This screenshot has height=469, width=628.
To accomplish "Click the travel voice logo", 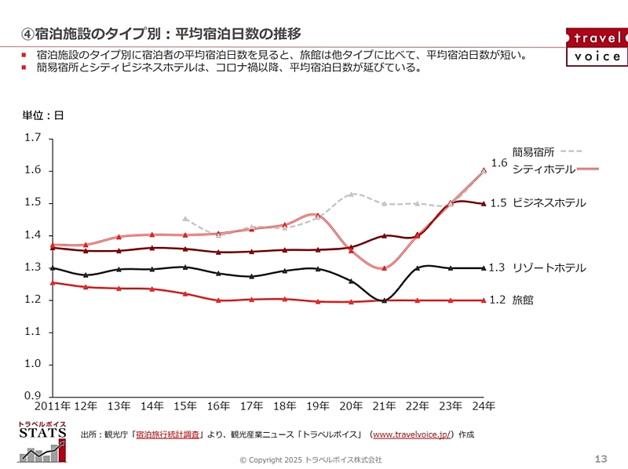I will pos(596,46).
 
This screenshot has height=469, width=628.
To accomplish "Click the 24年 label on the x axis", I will pos(484,406).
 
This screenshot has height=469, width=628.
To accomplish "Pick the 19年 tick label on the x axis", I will pos(318,406).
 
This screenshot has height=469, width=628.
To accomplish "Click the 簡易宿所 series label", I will pos(533,152).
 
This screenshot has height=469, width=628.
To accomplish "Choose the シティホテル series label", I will pos(544,169).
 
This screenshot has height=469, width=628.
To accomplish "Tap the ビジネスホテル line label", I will pos(549,203).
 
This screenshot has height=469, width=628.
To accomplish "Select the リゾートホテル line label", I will pos(549,268).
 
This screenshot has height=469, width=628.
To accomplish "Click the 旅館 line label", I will pos(523,300).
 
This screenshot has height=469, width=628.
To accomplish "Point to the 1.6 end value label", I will pos(499,163).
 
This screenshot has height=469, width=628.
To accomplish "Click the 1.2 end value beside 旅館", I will pos(498,300).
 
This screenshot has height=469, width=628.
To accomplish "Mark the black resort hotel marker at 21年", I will pos(385,300).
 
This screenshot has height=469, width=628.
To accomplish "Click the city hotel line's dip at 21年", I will pos(385,268).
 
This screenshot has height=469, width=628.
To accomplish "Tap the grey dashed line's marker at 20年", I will pos(352,194).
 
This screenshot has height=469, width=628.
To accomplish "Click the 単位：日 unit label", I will pos(42,115).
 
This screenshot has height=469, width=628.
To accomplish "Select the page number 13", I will pos(602,458).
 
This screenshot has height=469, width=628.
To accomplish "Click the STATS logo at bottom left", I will pos(38,443).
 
